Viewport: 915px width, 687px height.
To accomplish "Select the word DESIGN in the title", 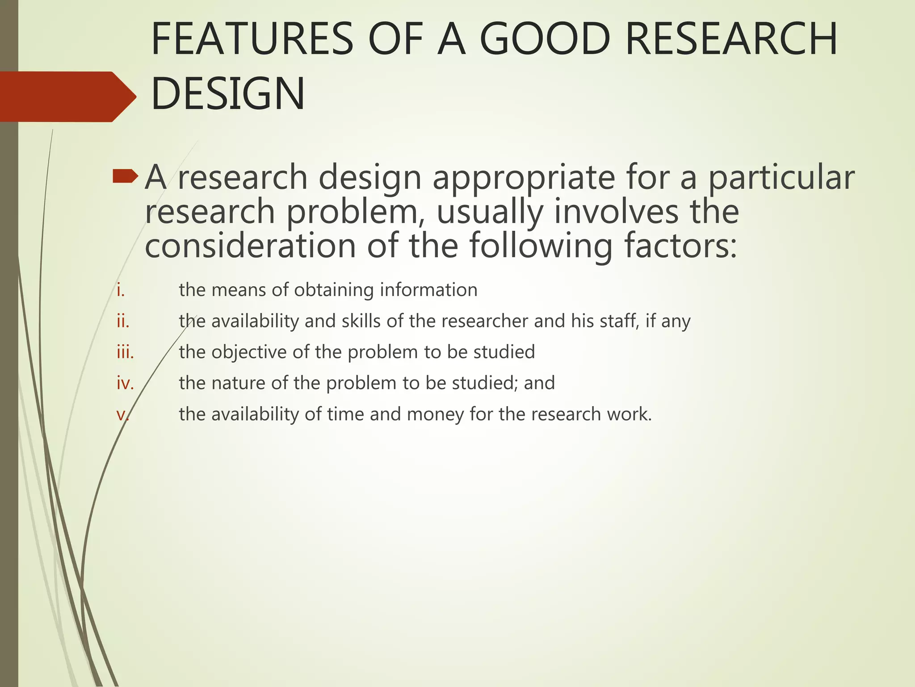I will pyautogui.click(x=228, y=94).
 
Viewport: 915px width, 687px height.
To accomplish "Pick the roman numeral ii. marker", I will pyautogui.click(x=123, y=321).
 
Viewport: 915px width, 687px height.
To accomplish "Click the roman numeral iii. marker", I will pyautogui.click(x=125, y=352).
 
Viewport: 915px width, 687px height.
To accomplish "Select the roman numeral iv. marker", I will pyautogui.click(x=125, y=383).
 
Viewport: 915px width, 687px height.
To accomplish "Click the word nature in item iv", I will pyautogui.click(x=236, y=383).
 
